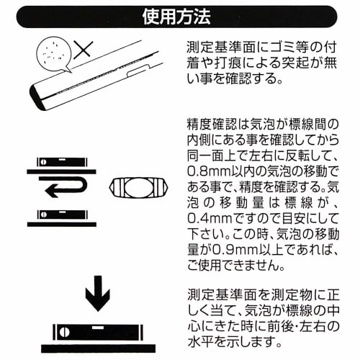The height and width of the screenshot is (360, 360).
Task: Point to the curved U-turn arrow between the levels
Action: click(x=68, y=189)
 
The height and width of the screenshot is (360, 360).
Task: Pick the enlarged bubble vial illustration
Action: click(x=135, y=189)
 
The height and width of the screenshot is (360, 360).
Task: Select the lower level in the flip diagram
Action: click(x=62, y=214)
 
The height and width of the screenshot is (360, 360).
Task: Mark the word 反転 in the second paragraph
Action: click(x=305, y=155)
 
